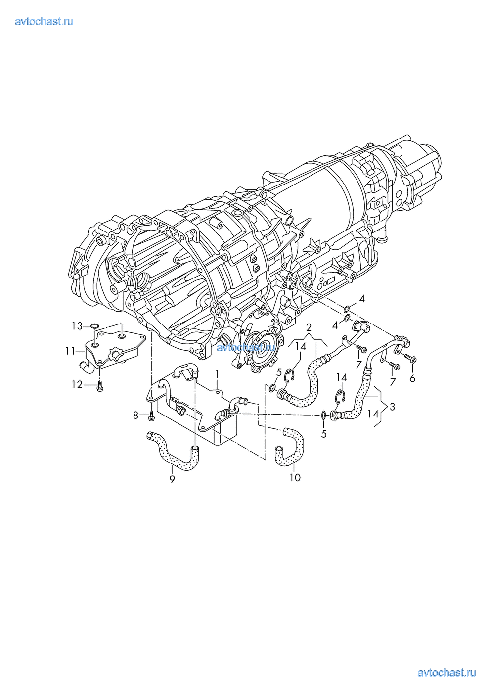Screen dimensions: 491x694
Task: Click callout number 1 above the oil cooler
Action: point(218,374)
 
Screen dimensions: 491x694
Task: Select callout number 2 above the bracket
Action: point(309,327)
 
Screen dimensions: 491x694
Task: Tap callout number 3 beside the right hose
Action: point(393,407)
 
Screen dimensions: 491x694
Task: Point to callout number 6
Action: point(412,378)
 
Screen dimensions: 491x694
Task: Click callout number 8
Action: point(135,415)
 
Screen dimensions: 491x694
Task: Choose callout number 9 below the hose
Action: point(172,479)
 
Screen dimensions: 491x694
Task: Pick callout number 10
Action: point(295,477)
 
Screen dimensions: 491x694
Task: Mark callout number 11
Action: point(70,351)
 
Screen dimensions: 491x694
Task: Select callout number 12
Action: point(77,385)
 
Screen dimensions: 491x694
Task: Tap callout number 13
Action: point(77,326)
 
